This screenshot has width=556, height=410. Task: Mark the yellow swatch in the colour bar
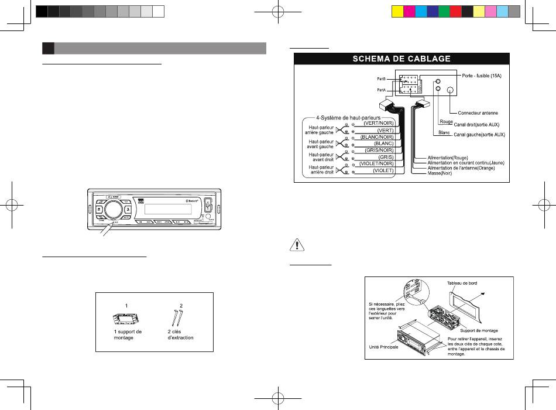pos(395,11)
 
